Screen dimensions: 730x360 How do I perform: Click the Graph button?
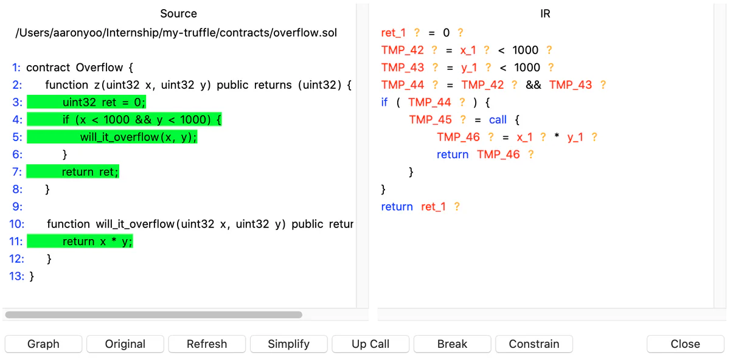point(43,344)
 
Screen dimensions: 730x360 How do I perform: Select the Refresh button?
point(207,344)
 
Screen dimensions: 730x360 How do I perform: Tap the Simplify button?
point(289,344)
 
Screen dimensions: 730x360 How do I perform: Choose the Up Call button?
point(370,344)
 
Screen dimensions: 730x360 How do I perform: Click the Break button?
point(453,344)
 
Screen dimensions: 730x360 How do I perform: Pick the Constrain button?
point(534,344)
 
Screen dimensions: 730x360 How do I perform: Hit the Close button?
point(686,344)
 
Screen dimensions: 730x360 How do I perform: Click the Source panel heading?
point(179,14)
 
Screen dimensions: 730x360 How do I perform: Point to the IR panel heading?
point(545,14)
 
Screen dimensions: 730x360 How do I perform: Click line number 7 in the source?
point(17,171)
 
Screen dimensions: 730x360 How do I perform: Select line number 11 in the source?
point(16,241)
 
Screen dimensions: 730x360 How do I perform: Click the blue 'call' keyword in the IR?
point(498,120)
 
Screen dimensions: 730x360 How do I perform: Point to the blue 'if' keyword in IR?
point(384,102)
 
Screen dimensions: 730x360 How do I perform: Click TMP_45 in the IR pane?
point(431,120)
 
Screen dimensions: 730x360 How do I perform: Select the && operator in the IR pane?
point(533,85)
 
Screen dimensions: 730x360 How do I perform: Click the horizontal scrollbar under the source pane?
point(153,315)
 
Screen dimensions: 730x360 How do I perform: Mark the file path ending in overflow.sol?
point(176,33)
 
